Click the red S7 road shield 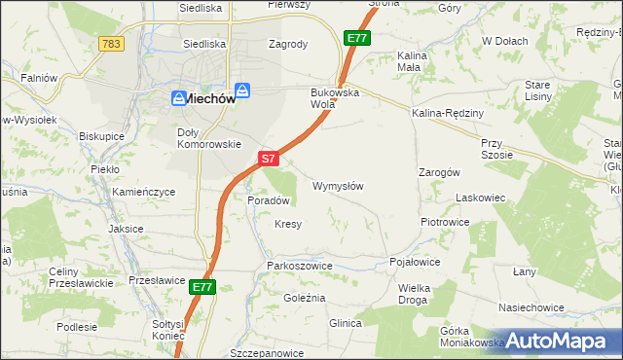click(x=270, y=158)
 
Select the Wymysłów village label click(x=338, y=185)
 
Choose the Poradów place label click(x=269, y=199)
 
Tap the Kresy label click(x=288, y=224)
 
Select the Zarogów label click(x=438, y=171)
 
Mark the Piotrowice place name click(x=445, y=222)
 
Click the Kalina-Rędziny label click(x=448, y=114)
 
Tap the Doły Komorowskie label click(x=208, y=137)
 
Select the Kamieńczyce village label click(x=143, y=193)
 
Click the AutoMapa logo click(x=558, y=341)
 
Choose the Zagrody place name click(x=288, y=44)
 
